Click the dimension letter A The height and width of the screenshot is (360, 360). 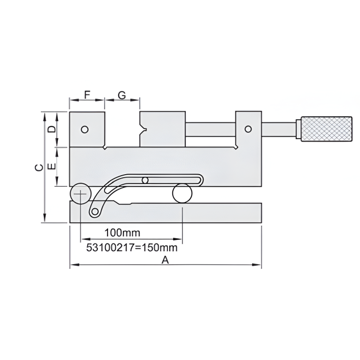coord(165,260)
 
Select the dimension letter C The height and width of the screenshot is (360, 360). coord(38,167)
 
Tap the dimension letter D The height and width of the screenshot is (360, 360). coord(51,129)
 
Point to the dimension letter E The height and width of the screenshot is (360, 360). coord(51,166)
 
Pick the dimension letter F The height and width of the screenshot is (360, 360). coord(87,95)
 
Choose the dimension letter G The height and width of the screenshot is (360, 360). coord(122,95)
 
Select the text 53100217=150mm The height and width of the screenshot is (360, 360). coord(131,248)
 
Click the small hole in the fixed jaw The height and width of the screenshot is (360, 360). coord(85,129)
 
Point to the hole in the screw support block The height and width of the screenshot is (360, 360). coord(248,129)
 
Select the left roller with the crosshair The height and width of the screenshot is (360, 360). coord(79,194)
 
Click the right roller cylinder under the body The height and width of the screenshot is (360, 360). coord(182,193)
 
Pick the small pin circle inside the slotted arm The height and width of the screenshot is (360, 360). coord(144,180)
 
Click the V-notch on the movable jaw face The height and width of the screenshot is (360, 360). coord(142,130)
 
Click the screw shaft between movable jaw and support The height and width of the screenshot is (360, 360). coord(210,130)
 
